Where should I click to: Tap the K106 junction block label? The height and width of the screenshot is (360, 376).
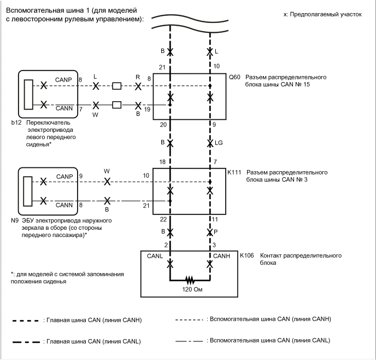[246, 256]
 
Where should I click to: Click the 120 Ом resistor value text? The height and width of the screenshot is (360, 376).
[191, 289]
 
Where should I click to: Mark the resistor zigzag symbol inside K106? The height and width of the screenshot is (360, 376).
[191, 279]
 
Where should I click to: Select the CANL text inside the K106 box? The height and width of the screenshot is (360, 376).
[155, 256]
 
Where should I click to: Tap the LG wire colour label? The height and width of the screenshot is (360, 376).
[219, 143]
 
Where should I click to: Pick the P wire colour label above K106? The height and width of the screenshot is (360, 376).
[216, 232]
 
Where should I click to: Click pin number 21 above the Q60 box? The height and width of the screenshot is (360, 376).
[162, 67]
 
